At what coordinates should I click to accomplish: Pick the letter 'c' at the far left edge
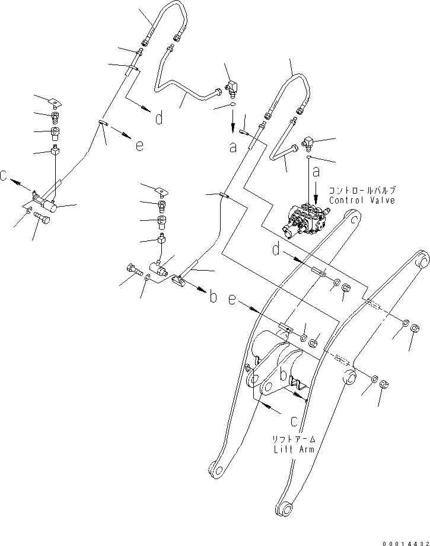pos(5,176)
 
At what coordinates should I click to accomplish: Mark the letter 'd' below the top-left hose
pos(158,119)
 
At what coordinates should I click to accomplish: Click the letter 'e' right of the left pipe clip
pos(139,145)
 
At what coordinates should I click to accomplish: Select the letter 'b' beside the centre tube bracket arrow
pos(212,297)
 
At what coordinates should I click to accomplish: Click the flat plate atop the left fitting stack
pos(55,101)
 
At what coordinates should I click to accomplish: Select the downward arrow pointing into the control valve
pos(316,190)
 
